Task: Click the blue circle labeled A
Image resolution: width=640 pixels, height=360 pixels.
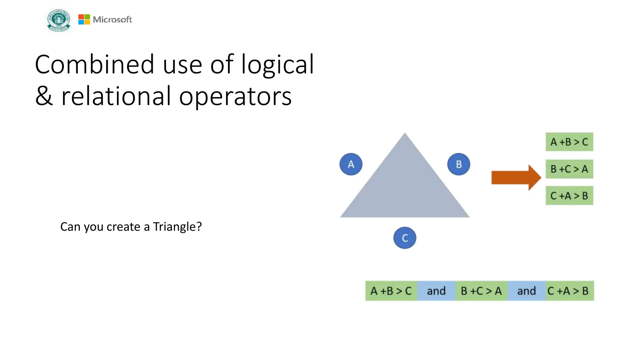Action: tap(351, 164)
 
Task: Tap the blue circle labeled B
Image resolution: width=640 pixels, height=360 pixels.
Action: tap(458, 164)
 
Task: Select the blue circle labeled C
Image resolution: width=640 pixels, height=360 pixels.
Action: tap(405, 238)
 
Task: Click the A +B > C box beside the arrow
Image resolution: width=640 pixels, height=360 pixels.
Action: tap(569, 142)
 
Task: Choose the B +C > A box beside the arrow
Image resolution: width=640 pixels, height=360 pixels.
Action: tap(569, 169)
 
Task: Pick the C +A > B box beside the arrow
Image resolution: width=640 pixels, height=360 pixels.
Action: tap(569, 196)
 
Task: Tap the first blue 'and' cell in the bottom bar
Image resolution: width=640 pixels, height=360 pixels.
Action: tap(436, 291)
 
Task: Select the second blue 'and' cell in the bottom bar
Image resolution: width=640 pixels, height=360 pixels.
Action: tap(527, 291)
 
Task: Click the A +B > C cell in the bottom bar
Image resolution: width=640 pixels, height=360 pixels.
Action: tap(391, 291)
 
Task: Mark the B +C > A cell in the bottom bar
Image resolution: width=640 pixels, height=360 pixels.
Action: tap(481, 291)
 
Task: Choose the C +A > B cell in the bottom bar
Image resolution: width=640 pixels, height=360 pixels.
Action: tap(569, 291)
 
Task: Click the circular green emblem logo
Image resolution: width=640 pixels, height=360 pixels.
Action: tap(59, 20)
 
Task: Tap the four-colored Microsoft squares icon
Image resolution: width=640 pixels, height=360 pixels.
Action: tap(84, 19)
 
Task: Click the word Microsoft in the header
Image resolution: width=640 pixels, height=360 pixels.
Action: tap(112, 20)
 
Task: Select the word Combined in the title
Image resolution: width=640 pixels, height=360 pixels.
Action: tap(94, 64)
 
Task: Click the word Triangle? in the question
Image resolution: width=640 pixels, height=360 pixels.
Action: tap(177, 227)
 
